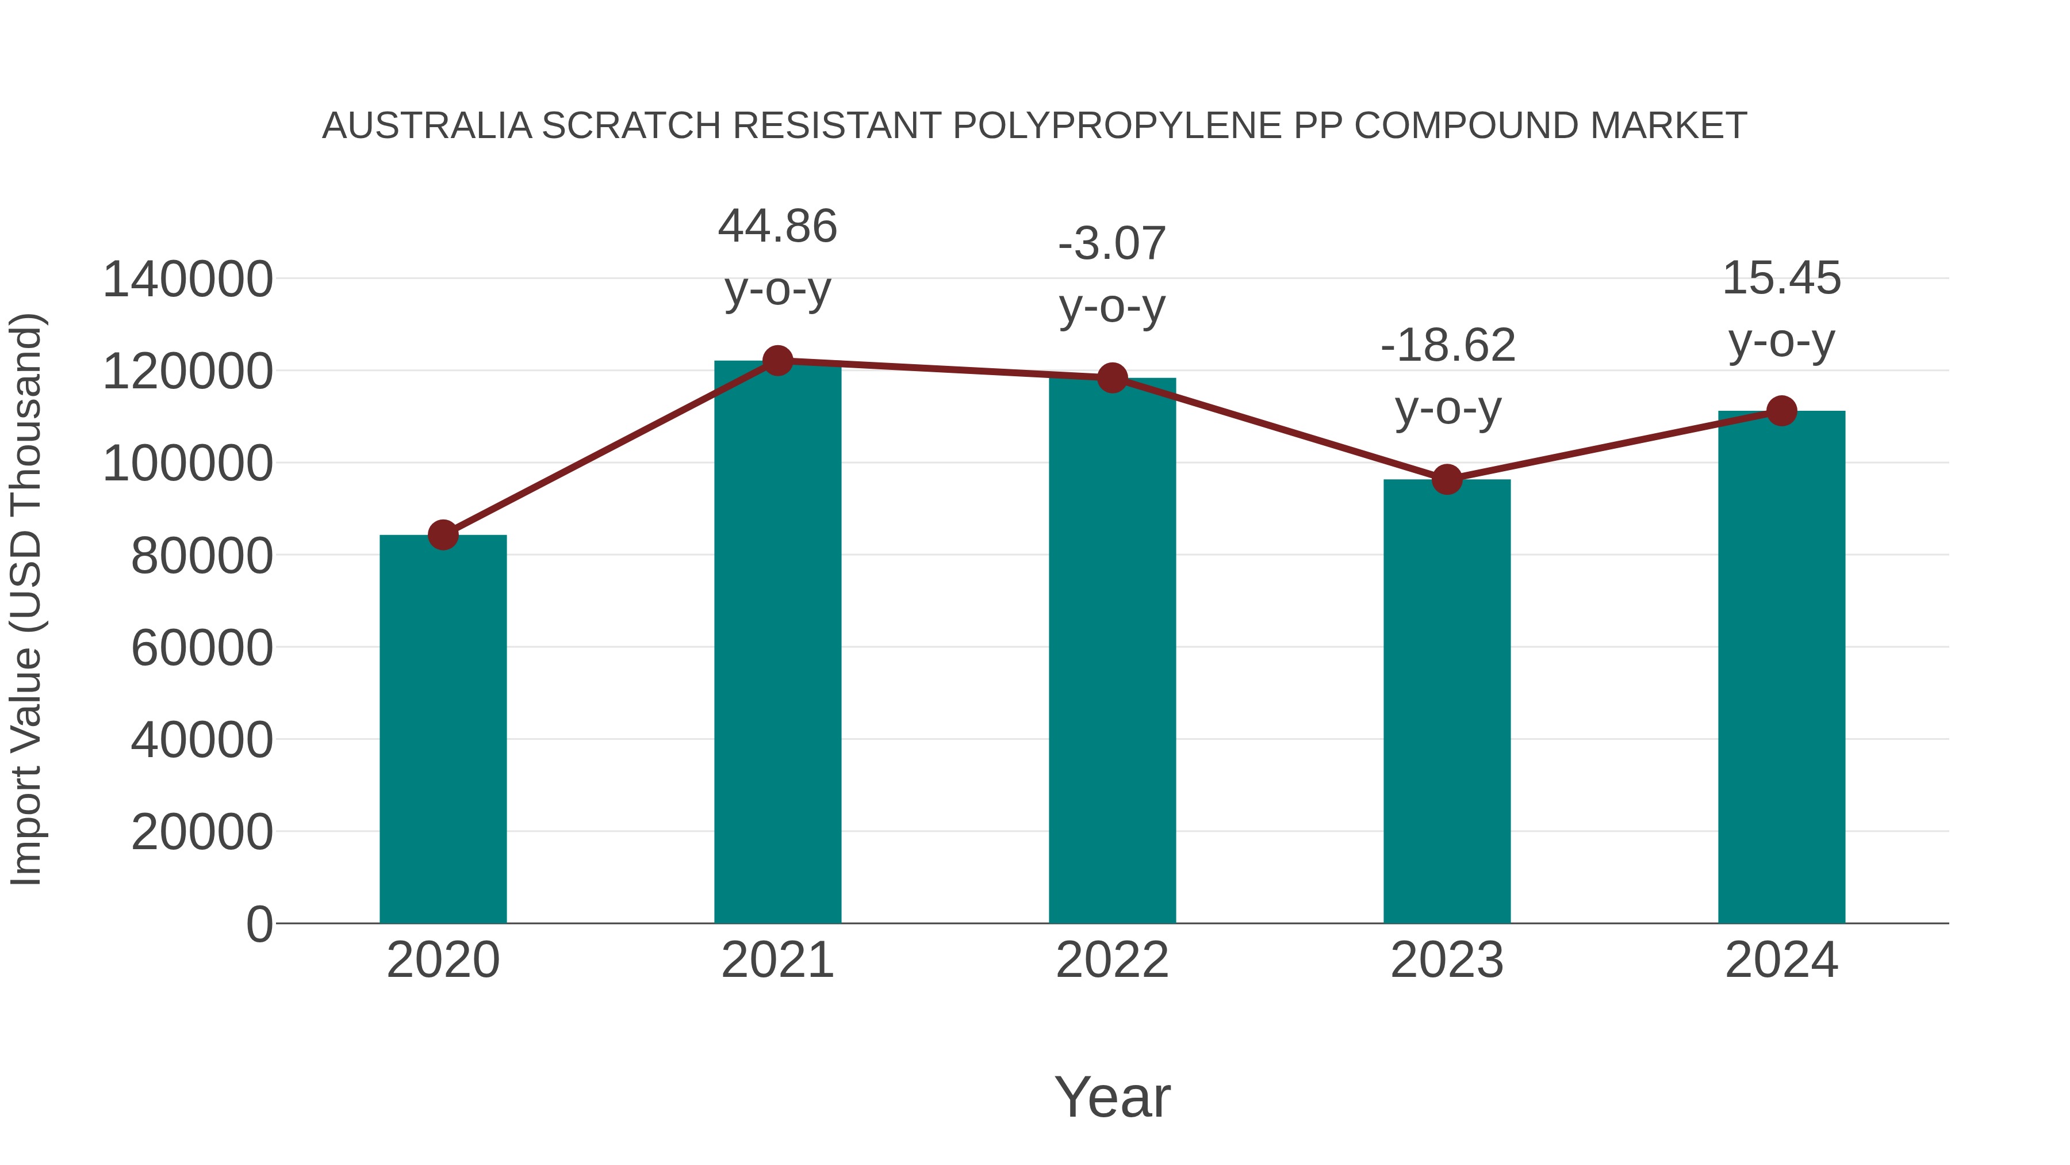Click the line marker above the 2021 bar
[x=777, y=361]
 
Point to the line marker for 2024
[x=1781, y=411]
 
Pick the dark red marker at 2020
[x=443, y=534]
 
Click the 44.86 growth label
[x=777, y=226]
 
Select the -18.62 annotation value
[x=1447, y=345]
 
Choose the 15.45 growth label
[x=1781, y=278]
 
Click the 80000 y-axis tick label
[x=202, y=556]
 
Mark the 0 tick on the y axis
[x=259, y=924]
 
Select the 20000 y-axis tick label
[x=202, y=831]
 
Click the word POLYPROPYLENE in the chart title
[x=1117, y=126]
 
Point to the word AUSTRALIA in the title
[x=427, y=126]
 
